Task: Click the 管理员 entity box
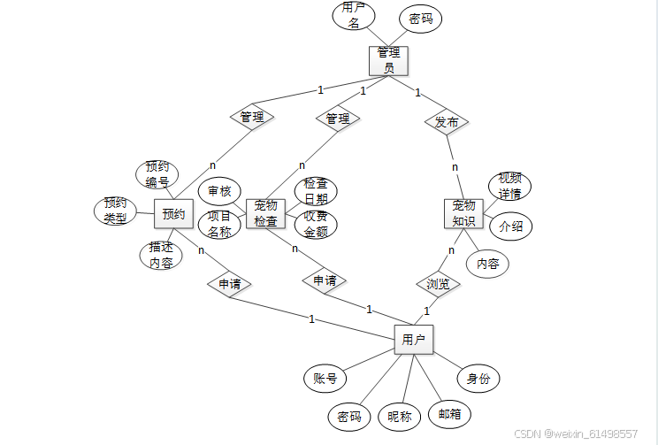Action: click(x=388, y=60)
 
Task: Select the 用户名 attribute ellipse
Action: click(x=354, y=17)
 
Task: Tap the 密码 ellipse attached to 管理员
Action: click(x=420, y=19)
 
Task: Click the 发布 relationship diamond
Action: click(x=446, y=122)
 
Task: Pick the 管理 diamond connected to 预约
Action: click(x=252, y=117)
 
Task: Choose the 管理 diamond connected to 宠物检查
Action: click(x=337, y=118)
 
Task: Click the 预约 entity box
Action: click(x=173, y=213)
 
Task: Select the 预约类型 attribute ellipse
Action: click(x=116, y=211)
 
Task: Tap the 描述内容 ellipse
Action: click(x=161, y=255)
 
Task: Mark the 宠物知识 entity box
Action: click(x=463, y=213)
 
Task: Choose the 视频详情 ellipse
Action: click(x=509, y=187)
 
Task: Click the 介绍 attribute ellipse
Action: click(x=510, y=226)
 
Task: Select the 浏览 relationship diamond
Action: click(x=438, y=284)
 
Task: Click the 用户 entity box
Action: click(x=413, y=340)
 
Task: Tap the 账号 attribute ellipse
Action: click(x=325, y=379)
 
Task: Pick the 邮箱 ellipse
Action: click(x=448, y=413)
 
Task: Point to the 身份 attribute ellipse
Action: click(x=478, y=379)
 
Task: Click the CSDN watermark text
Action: click(x=576, y=434)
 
